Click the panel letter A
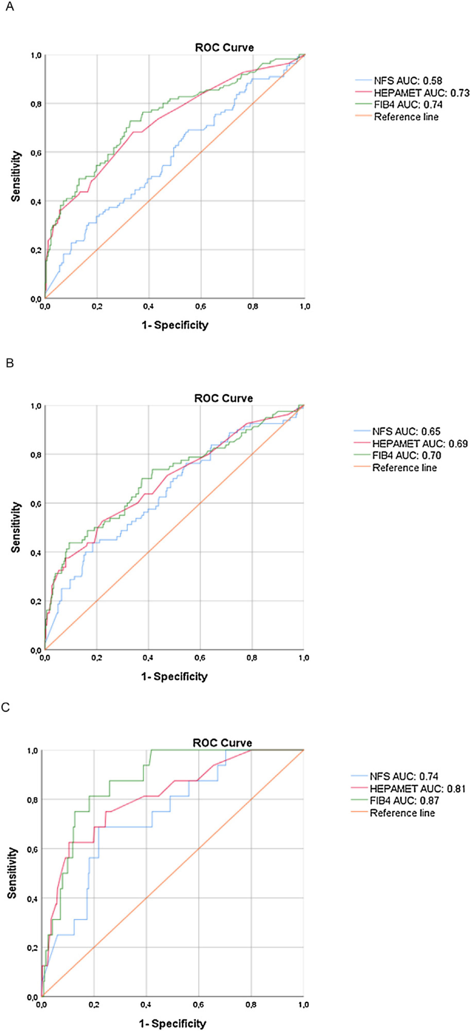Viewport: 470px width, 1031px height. [x=9, y=7]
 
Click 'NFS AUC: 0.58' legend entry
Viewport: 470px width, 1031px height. [x=408, y=81]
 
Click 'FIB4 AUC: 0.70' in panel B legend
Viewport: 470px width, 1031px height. [x=406, y=456]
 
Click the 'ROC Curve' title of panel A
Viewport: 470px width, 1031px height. [x=225, y=47]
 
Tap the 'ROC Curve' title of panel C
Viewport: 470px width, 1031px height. [x=222, y=743]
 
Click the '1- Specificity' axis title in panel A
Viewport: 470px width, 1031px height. [x=175, y=325]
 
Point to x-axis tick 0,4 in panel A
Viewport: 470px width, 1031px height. [x=148, y=307]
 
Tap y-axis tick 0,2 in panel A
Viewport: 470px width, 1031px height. [x=36, y=250]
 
